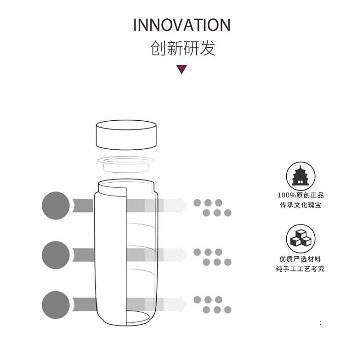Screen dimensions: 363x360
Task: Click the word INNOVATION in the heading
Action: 181,25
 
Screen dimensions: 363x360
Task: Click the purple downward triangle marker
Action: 182,70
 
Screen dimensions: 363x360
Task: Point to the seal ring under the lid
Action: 126,163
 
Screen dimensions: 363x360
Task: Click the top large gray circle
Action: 56,205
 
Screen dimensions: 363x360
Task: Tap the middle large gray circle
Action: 56,254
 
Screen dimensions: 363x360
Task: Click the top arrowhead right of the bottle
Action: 182,205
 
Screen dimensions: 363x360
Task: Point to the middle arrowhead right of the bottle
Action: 182,254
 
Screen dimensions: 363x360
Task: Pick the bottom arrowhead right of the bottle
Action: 182,304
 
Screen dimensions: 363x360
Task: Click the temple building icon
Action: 301,176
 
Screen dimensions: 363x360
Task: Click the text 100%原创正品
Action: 301,195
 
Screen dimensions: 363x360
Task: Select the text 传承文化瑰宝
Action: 301,205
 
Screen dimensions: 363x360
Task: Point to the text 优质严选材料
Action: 301,259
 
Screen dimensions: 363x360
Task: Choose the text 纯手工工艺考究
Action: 301,269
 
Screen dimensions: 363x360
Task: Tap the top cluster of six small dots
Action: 212,208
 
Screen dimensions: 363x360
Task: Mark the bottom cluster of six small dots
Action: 212,305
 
